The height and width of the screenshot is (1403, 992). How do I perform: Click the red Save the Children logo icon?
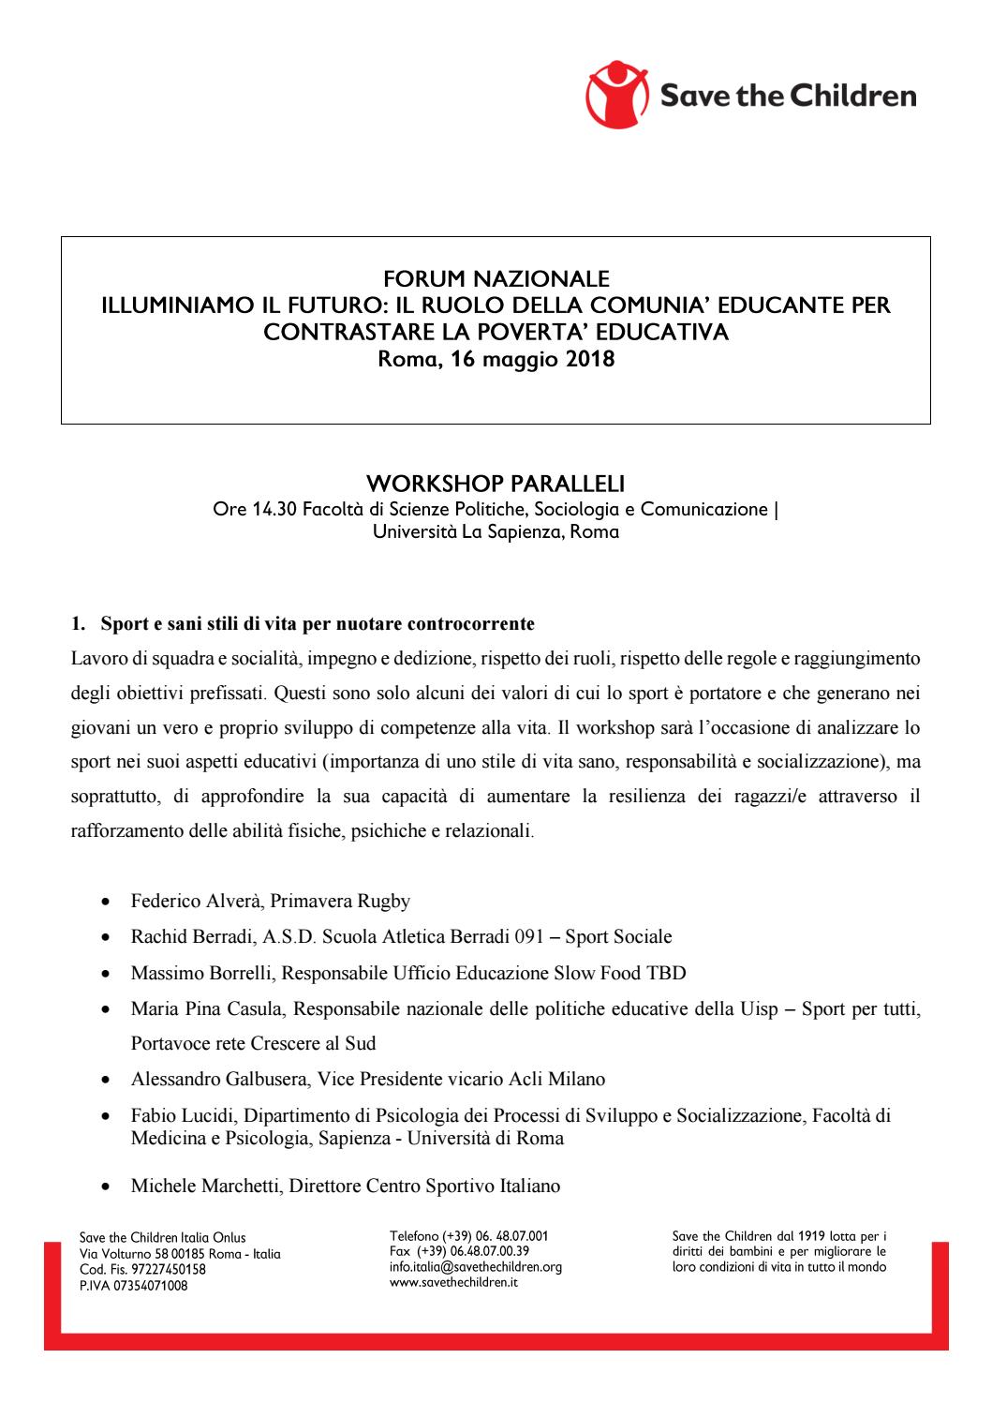[x=617, y=94]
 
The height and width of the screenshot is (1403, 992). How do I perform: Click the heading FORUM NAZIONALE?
[x=496, y=278]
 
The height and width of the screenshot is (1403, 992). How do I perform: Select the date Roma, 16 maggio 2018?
[x=496, y=358]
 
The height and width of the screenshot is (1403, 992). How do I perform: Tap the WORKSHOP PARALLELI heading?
[x=496, y=484]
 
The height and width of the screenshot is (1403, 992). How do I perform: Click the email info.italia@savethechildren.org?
[x=475, y=1267]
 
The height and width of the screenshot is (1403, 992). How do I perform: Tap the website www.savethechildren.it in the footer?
[x=453, y=1281]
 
